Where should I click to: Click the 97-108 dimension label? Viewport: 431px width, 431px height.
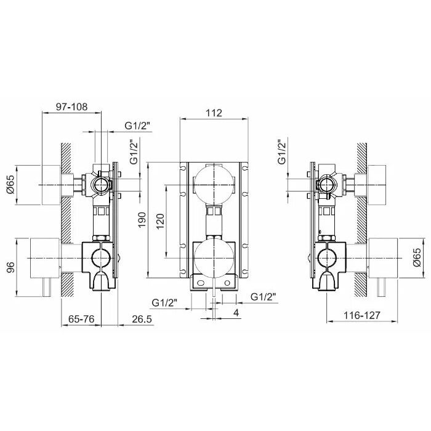71,107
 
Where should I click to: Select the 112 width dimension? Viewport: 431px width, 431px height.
214,113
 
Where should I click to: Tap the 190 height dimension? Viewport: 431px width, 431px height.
142,220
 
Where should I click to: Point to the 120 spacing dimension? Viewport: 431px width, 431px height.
160,221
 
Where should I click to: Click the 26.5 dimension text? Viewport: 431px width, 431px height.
142,319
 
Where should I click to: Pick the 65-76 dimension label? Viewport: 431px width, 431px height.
81,319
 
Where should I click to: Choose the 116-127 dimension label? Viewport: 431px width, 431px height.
362,315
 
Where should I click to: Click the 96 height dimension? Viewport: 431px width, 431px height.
10,267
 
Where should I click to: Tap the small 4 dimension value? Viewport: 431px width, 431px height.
236,313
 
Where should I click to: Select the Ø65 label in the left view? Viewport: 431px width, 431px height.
11,185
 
